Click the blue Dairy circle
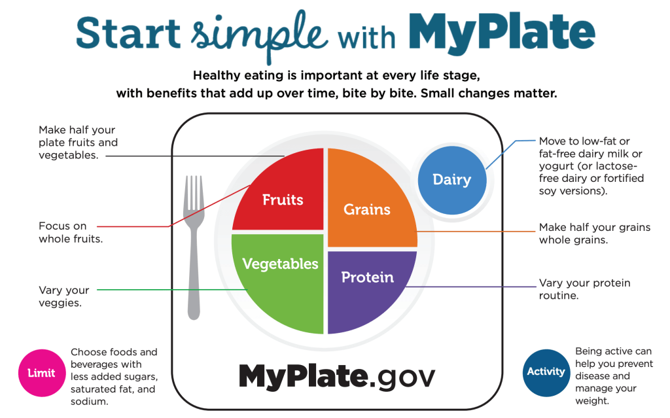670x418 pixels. tap(452, 180)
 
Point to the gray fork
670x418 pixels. tap(194, 248)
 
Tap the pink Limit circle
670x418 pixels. tap(42, 373)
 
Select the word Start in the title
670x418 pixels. tap(128, 33)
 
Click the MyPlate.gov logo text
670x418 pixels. tap(337, 377)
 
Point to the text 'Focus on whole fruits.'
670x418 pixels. tap(71, 232)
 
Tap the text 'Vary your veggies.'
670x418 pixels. tap(64, 296)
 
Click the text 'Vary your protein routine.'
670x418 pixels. tap(584, 289)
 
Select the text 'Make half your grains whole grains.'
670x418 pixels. tap(595, 234)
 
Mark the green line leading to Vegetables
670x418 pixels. tap(172, 290)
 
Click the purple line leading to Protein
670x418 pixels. tap(470, 287)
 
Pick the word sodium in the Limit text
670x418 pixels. tap(89, 402)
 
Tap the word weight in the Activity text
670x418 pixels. tap(591, 401)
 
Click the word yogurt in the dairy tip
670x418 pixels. tap(554, 166)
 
